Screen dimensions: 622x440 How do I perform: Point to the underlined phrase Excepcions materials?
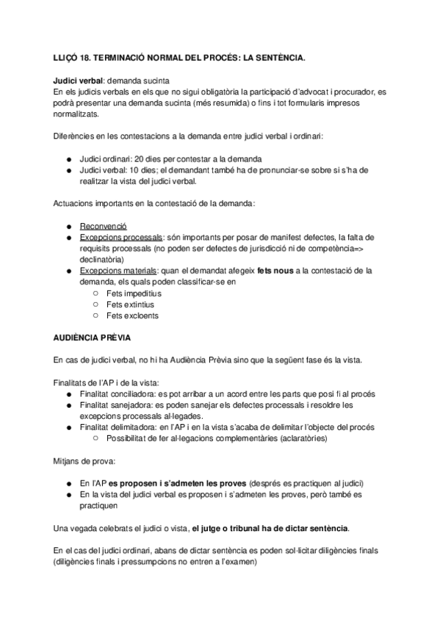click(x=118, y=271)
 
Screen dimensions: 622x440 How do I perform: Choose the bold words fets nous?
click(x=275, y=271)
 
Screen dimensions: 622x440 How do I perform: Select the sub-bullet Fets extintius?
click(x=131, y=304)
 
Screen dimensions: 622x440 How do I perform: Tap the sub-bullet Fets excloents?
click(x=132, y=316)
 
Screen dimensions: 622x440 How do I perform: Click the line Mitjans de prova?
click(x=84, y=462)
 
